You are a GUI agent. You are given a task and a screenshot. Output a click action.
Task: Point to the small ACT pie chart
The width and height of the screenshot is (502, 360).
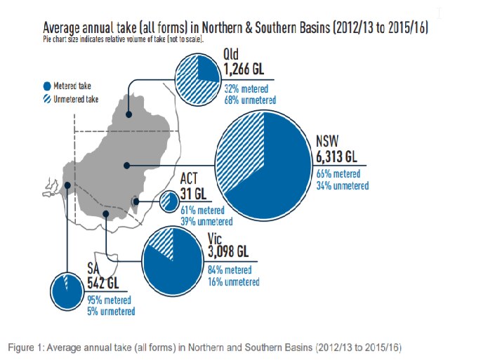tap(169, 202)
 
